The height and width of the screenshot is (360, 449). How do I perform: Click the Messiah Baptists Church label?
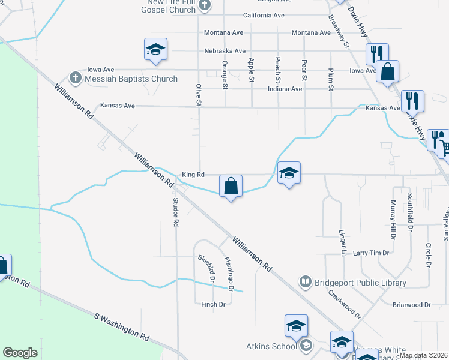pyautogui.click(x=131, y=79)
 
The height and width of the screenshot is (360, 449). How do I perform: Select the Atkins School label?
pyautogui.click(x=271, y=346)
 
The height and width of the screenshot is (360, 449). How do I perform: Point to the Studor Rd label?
pyautogui.click(x=176, y=212)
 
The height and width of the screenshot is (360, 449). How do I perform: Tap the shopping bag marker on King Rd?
pyautogui.click(x=231, y=187)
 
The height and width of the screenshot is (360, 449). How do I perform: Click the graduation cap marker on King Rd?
pyautogui.click(x=289, y=174)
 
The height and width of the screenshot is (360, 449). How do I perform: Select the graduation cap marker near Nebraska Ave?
pyautogui.click(x=155, y=50)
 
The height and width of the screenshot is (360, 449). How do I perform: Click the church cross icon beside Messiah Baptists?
pyautogui.click(x=75, y=78)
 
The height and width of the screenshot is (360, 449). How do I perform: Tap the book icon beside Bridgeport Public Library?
pyautogui.click(x=306, y=282)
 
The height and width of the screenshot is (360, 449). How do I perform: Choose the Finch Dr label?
pyautogui.click(x=213, y=305)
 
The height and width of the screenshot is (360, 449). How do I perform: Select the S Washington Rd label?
pyautogui.click(x=122, y=327)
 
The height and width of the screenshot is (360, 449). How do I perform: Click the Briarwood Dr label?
pyautogui.click(x=411, y=305)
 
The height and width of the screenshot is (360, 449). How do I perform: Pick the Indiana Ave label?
pyautogui.click(x=284, y=89)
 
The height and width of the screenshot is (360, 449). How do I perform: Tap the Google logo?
pyautogui.click(x=20, y=352)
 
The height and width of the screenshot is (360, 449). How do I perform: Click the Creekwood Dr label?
pyautogui.click(x=344, y=305)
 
